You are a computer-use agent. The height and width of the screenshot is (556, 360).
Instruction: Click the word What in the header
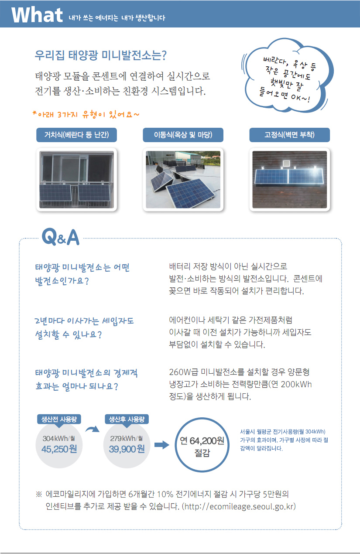37,15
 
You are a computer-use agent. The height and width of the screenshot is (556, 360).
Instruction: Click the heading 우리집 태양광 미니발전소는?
101,55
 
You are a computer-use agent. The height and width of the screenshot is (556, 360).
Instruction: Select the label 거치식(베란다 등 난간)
76,135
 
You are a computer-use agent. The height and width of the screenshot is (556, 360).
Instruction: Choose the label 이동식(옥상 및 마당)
183,135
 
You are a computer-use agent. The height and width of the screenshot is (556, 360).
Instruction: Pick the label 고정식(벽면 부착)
290,135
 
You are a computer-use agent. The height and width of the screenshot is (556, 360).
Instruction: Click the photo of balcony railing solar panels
76,180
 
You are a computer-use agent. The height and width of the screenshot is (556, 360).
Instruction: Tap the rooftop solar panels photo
183,180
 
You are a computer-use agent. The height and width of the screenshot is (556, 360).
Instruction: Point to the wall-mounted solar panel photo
290,180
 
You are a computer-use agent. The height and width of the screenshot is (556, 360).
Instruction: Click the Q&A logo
61,237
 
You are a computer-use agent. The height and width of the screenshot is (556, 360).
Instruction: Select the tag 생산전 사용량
59,420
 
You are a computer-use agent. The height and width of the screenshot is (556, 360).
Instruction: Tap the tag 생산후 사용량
127,420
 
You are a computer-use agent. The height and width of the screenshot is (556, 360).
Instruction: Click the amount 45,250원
59,449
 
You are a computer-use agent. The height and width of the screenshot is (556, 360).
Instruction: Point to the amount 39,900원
127,449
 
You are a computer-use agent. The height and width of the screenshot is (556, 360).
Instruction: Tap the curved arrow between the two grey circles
93,429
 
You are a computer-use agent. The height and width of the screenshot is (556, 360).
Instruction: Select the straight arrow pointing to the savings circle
162,445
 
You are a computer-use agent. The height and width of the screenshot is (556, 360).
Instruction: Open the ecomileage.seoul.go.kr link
239,506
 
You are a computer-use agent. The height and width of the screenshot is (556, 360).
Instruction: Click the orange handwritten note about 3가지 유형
86,114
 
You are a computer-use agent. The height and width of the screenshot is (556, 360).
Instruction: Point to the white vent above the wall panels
286,164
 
